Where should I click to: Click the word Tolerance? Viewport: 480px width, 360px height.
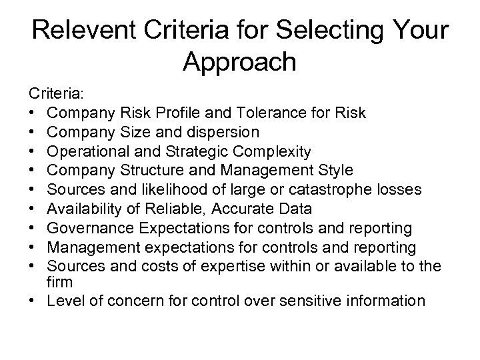276,112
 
